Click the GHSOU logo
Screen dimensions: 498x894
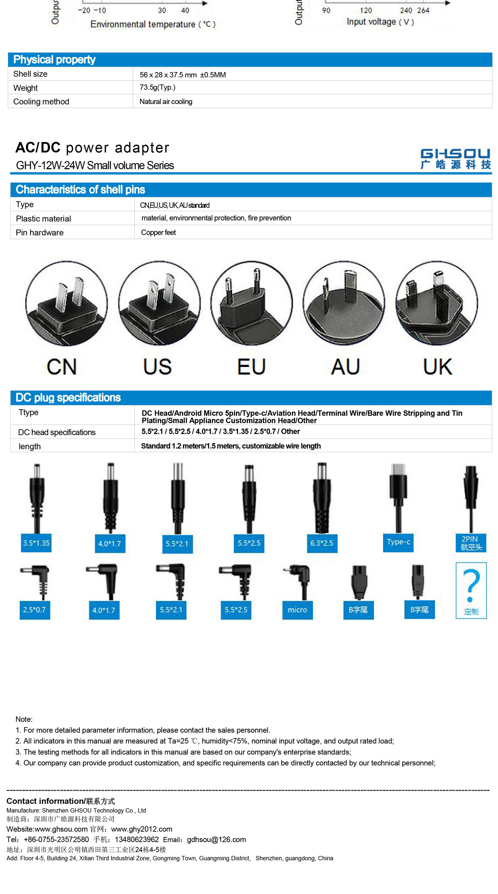tap(456, 158)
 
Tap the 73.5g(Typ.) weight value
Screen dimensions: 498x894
tap(157, 87)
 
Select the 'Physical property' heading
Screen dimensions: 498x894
tap(54, 59)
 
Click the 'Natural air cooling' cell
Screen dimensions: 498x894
tap(166, 102)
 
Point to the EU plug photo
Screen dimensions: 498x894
tap(252, 303)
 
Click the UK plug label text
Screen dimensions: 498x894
tap(438, 367)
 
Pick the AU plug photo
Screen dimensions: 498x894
tap(344, 303)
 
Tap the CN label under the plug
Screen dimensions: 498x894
tap(62, 367)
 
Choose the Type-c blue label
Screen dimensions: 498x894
tap(398, 542)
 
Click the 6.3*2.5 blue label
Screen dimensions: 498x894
tap(322, 543)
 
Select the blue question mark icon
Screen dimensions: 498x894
tap(471, 586)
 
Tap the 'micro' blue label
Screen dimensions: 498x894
tap(298, 610)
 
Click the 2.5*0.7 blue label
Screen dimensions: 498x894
tap(35, 610)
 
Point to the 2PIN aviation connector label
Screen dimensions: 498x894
tap(471, 543)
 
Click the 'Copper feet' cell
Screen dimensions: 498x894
tap(158, 233)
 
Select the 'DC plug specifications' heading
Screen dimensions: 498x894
tap(68, 397)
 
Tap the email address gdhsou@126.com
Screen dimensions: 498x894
tap(216, 840)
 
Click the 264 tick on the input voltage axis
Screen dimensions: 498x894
tap(423, 10)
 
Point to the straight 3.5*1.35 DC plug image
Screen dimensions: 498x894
tap(37, 498)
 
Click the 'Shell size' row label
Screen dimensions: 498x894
tap(30, 74)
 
